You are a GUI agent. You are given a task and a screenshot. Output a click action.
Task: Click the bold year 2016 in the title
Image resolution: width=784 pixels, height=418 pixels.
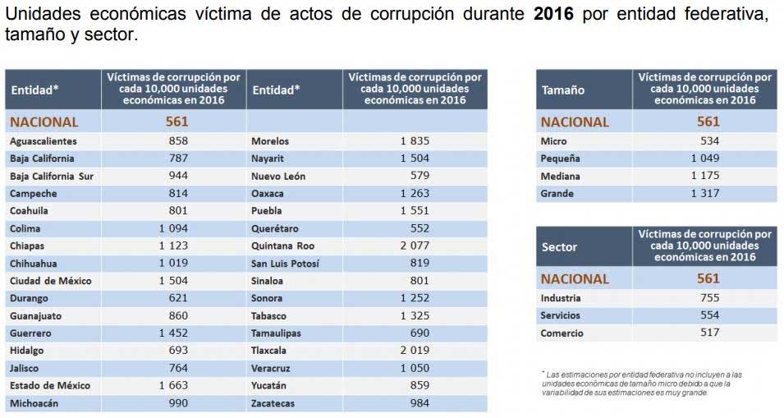click(x=554, y=16)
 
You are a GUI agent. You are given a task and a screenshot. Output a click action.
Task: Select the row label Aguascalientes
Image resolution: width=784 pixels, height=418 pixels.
click(x=44, y=141)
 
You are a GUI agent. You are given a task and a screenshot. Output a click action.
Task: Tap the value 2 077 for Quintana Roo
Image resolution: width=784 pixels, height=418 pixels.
click(x=415, y=246)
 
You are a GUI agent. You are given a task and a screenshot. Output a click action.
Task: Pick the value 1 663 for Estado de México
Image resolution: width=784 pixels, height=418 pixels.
click(x=173, y=385)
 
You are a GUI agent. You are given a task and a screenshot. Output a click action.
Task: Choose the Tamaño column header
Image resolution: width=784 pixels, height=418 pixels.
click(x=563, y=90)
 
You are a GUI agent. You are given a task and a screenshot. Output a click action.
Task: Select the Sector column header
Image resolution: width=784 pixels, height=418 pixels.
click(x=559, y=246)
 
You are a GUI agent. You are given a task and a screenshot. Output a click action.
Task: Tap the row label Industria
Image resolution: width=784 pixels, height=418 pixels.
click(x=561, y=298)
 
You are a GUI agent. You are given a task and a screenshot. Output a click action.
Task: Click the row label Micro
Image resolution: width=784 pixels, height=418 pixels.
click(x=553, y=141)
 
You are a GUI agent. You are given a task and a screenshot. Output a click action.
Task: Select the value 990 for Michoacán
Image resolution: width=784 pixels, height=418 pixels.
click(x=177, y=403)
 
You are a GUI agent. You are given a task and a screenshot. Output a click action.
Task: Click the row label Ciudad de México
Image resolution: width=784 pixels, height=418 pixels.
click(x=51, y=281)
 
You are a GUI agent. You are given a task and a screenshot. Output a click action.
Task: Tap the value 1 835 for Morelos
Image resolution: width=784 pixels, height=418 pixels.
click(x=415, y=141)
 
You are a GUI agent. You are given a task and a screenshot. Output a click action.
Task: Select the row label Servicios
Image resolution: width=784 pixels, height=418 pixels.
click(x=561, y=315)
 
